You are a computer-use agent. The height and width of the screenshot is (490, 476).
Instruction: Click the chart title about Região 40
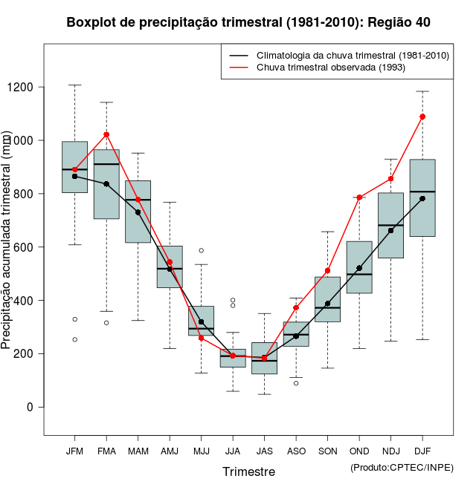point(248,22)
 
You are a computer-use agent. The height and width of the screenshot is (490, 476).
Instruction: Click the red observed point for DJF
point(422,117)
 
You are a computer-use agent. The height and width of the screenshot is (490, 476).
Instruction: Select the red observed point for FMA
point(106,134)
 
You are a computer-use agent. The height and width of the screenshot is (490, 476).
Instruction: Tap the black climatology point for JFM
point(74,176)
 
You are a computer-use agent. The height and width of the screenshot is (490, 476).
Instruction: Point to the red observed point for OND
point(359,197)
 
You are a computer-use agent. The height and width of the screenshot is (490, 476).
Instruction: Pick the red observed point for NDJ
point(391,179)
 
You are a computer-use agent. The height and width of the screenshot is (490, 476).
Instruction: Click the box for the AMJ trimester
point(170,267)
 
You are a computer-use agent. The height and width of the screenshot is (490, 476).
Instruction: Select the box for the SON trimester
point(327,299)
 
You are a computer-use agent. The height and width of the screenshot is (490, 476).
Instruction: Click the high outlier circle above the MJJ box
point(201,250)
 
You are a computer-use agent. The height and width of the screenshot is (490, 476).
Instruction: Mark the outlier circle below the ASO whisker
point(296,383)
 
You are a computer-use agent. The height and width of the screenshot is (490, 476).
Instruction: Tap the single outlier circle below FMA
point(106,323)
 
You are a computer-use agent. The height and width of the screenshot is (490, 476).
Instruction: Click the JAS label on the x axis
point(264,451)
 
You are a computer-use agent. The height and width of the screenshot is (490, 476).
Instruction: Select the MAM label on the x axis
point(138,451)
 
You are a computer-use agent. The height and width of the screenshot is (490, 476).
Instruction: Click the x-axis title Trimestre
point(248,471)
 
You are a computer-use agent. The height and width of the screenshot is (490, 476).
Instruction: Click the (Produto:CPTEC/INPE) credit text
point(402,467)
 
